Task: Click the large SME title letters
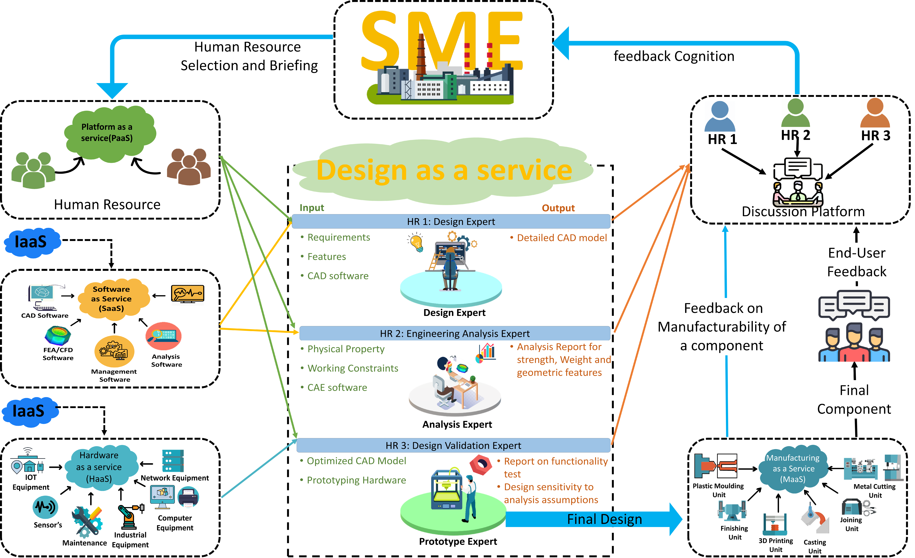click(x=442, y=41)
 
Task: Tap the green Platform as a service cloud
click(x=110, y=134)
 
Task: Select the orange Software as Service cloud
click(x=113, y=299)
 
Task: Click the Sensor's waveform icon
click(x=45, y=507)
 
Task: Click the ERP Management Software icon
click(x=114, y=351)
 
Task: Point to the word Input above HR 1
click(x=312, y=208)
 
